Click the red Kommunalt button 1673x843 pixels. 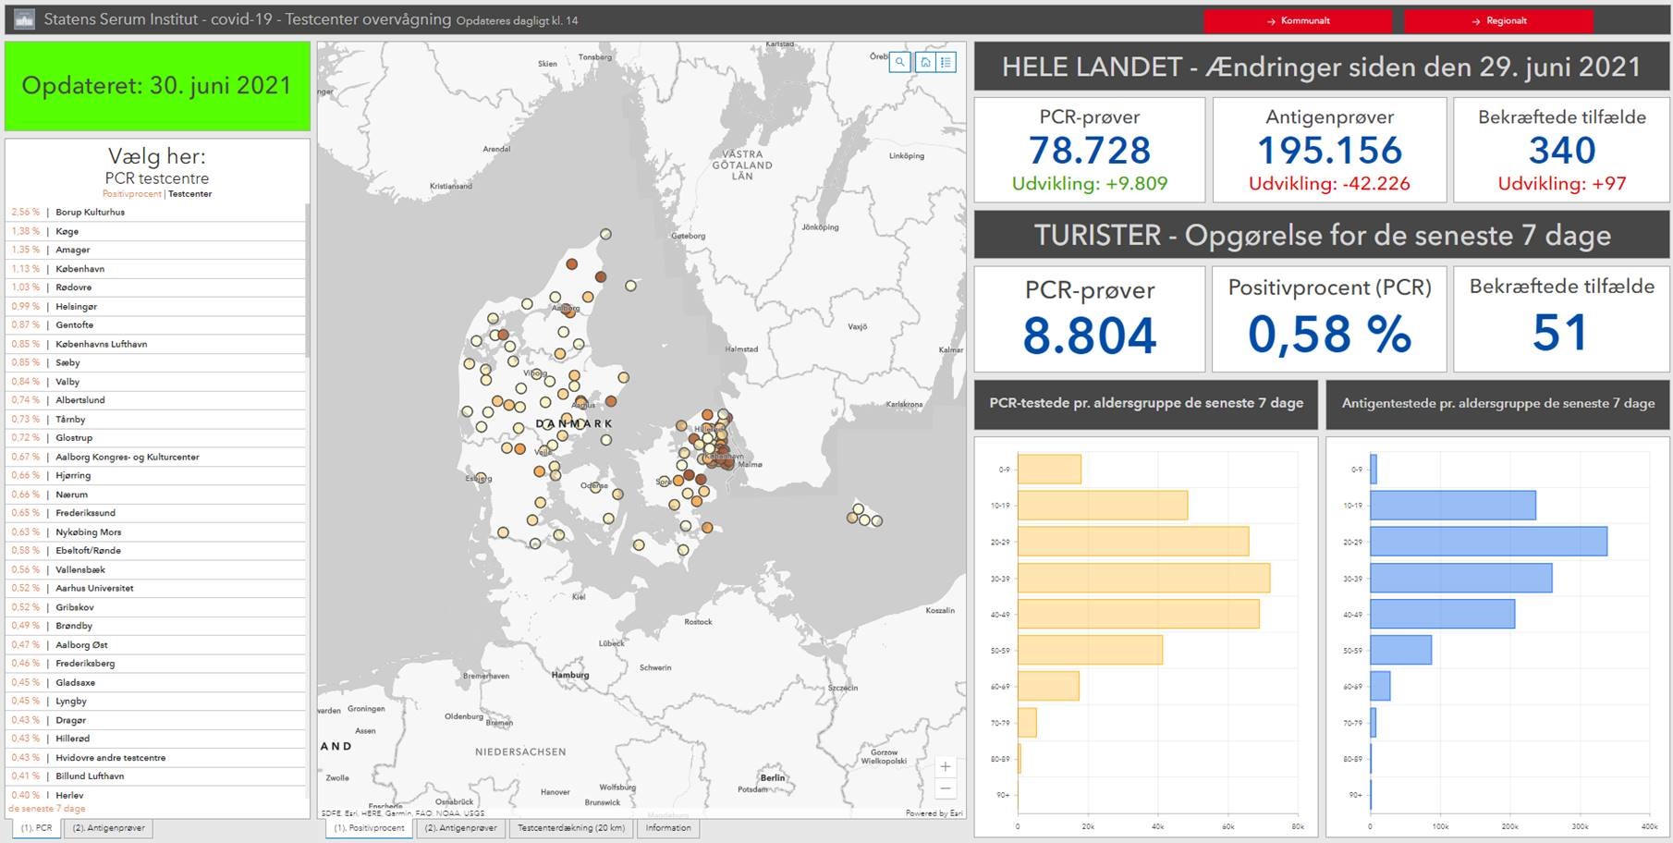[1298, 20]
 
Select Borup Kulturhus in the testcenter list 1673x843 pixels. [90, 212]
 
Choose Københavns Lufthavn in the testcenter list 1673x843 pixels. [101, 344]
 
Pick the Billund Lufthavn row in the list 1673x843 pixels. [90, 776]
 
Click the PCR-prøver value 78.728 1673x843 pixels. [1090, 151]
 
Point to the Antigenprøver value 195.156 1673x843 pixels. [1329, 151]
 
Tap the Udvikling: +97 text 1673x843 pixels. [1561, 184]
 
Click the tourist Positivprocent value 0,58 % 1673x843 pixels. [1329, 334]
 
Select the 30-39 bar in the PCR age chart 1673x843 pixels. [1143, 578]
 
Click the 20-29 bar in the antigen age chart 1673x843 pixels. [1488, 542]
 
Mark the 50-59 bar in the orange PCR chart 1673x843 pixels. [1090, 650]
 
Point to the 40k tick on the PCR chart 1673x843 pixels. [1158, 826]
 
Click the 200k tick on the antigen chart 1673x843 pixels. [1509, 826]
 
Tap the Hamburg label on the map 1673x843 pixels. [570, 675]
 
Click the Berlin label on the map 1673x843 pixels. [773, 777]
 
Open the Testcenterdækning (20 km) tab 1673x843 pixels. [570, 828]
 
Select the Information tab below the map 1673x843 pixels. [668, 828]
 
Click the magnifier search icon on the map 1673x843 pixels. [899, 63]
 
